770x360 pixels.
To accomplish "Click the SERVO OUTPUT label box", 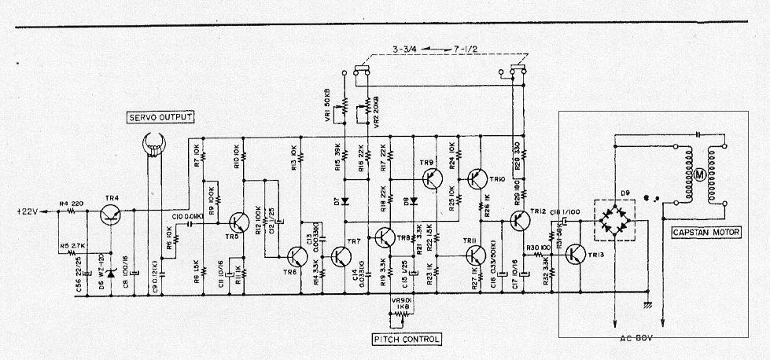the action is (x=160, y=118).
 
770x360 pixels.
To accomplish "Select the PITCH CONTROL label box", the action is (x=407, y=340).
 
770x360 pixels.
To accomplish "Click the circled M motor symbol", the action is (x=695, y=174).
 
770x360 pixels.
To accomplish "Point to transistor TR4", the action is (x=111, y=211).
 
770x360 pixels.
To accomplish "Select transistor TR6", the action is (x=297, y=256).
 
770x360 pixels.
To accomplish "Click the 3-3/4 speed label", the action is (x=406, y=50).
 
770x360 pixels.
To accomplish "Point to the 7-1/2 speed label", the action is (x=465, y=50).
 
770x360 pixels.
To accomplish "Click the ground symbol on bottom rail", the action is (x=648, y=303).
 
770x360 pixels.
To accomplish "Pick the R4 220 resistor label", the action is (x=72, y=204).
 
